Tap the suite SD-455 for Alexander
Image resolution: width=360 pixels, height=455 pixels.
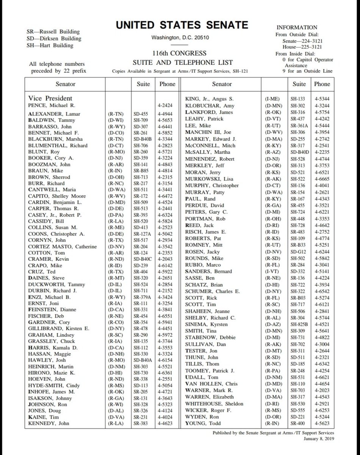tap(142, 114)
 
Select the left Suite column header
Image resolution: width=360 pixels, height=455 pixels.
tap(143, 84)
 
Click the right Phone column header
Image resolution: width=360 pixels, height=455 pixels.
tap(322, 84)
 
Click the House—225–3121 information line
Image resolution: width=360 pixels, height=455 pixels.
tap(302, 47)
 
